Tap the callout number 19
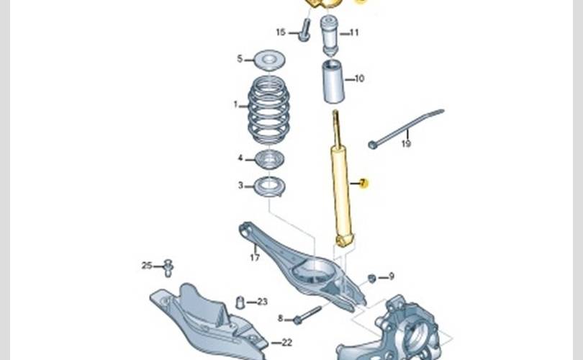click(406, 144)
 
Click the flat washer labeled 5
click(269, 58)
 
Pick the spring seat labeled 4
click(269, 159)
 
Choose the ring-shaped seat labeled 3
click(270, 186)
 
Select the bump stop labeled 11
click(330, 35)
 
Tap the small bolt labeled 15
click(304, 31)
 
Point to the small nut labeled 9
click(372, 278)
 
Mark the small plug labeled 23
click(240, 302)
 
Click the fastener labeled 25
click(168, 268)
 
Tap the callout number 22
click(286, 343)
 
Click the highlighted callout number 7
click(363, 184)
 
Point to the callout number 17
click(254, 257)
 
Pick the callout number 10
click(359, 78)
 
